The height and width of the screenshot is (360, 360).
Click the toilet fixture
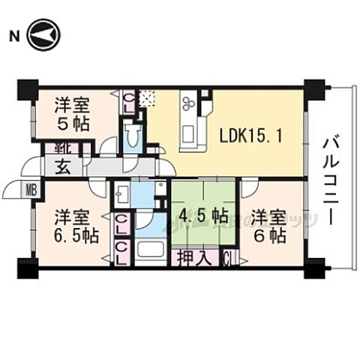[x=134, y=135]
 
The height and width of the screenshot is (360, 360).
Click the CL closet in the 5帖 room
[x=129, y=100]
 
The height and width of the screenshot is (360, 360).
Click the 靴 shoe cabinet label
[x=53, y=148]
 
